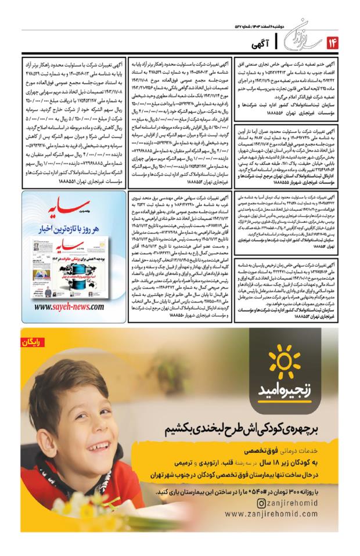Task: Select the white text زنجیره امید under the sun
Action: point(285,389)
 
